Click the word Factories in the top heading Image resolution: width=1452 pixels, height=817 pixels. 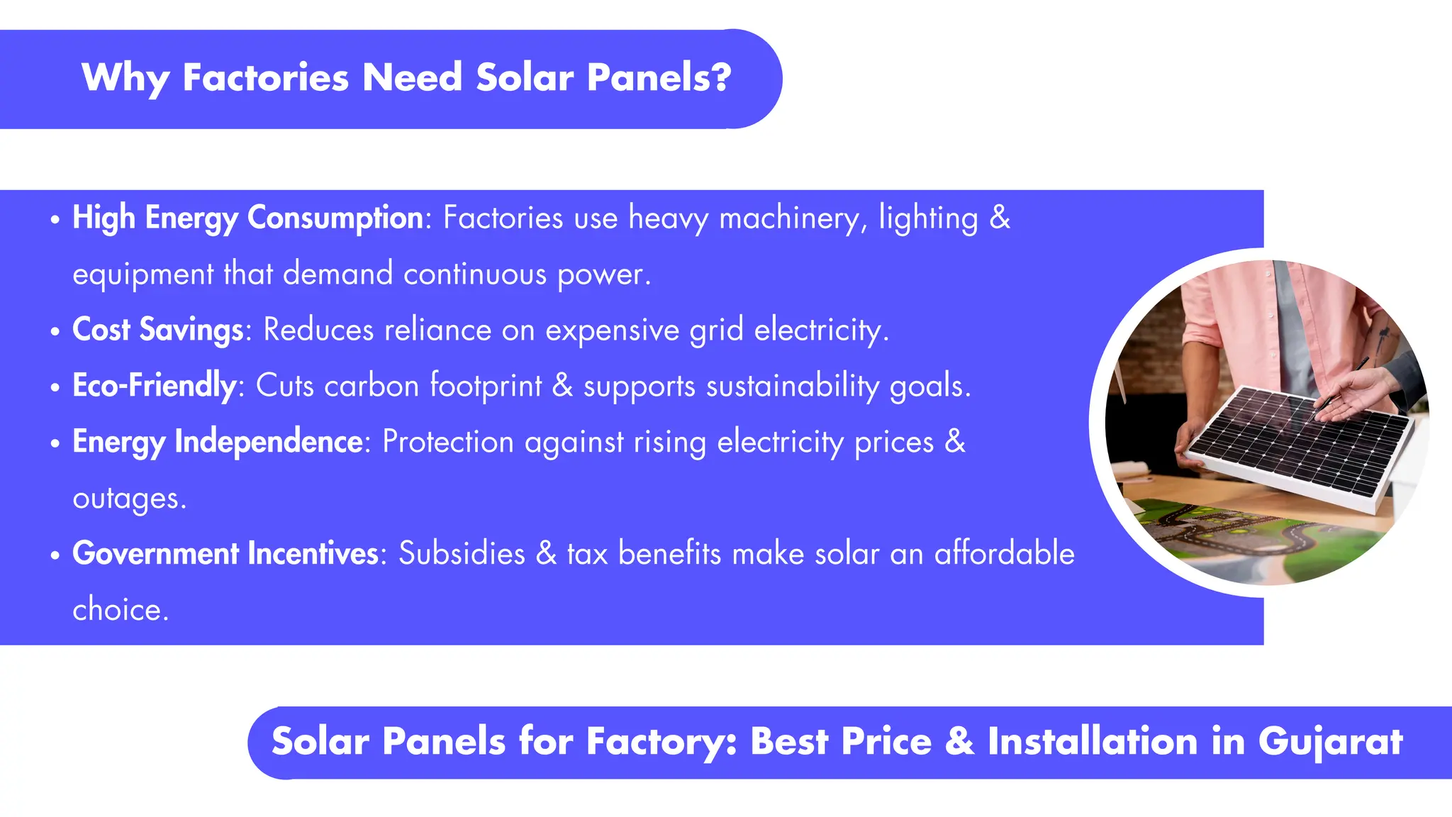(x=265, y=77)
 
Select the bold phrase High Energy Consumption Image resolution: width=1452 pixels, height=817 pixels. (x=247, y=218)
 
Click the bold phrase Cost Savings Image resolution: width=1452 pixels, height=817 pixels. (x=158, y=330)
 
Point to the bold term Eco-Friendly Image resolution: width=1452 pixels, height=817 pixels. (x=154, y=386)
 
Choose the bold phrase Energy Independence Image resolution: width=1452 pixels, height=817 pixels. (x=218, y=442)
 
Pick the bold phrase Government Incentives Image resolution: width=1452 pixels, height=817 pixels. (x=225, y=554)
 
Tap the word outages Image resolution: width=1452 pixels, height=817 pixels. (x=128, y=499)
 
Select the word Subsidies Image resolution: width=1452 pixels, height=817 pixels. (x=462, y=554)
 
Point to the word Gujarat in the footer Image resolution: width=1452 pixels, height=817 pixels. (x=1330, y=743)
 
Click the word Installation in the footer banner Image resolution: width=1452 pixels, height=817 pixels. (x=1093, y=742)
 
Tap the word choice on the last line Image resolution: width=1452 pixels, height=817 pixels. (x=120, y=610)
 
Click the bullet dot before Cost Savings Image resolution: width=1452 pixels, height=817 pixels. (x=55, y=332)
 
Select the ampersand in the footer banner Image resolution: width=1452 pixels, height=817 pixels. (x=959, y=742)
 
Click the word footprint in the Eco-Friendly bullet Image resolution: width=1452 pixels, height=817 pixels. (x=486, y=387)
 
